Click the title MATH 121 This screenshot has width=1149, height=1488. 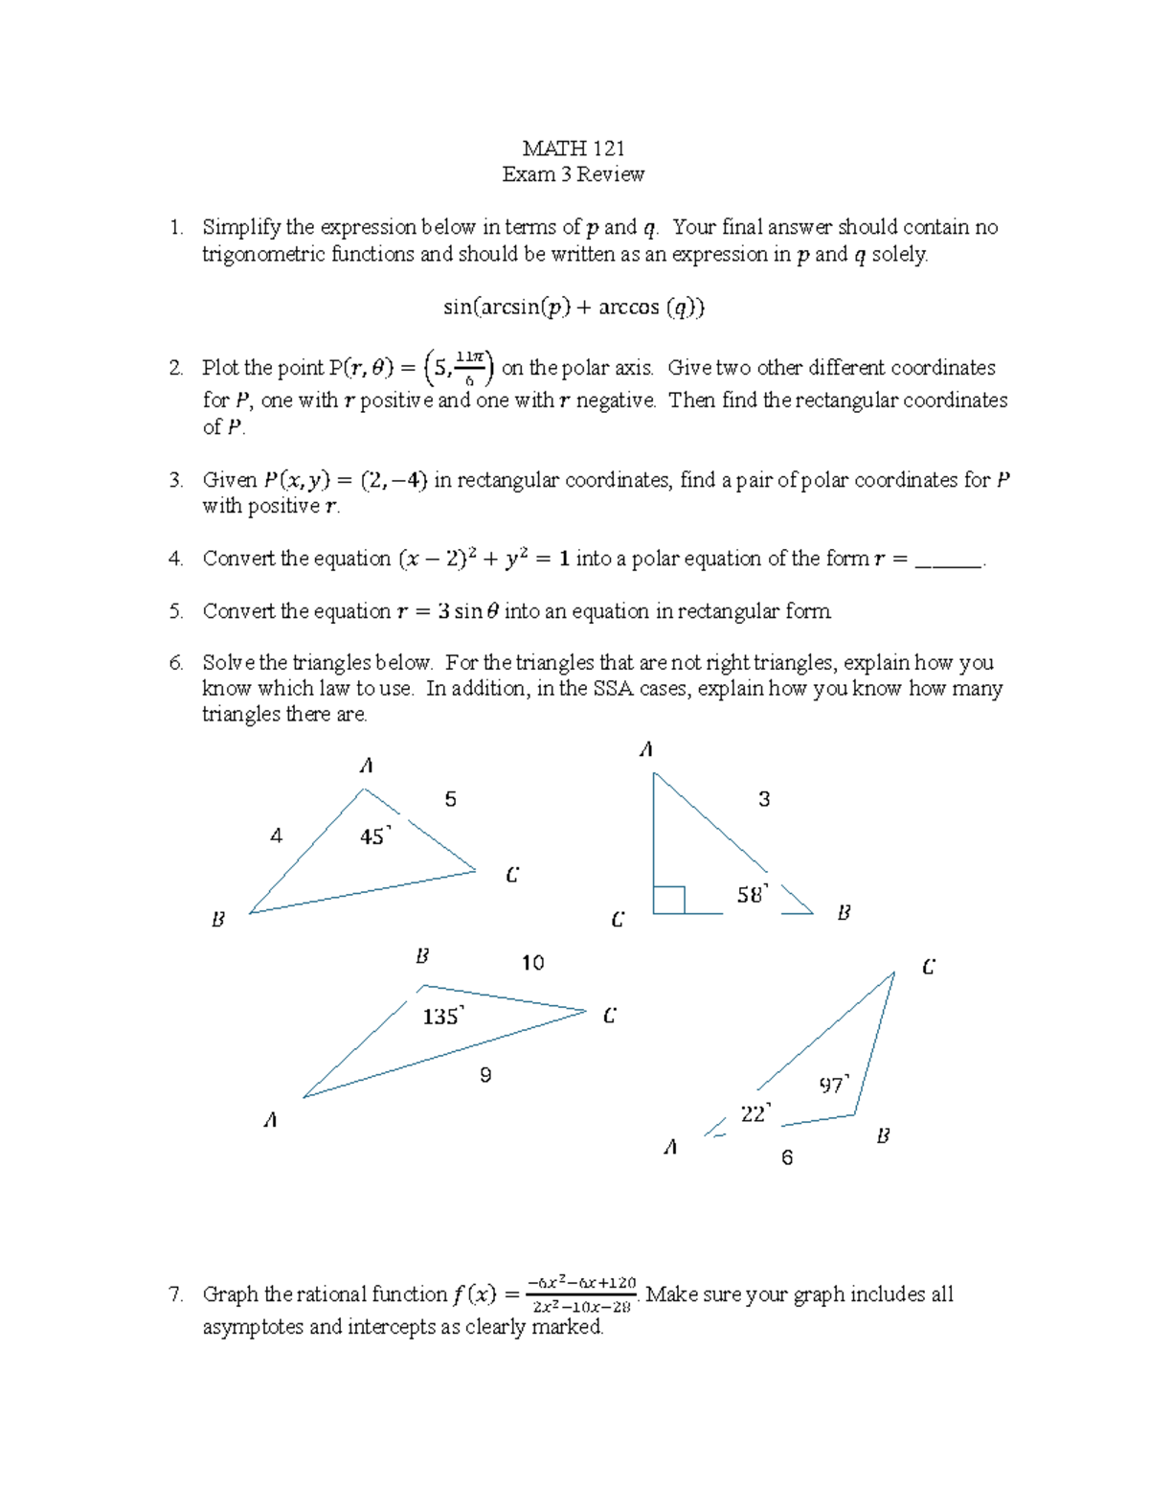(573, 148)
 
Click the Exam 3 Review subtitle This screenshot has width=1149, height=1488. (573, 174)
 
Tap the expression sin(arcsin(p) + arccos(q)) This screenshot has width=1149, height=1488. (574, 307)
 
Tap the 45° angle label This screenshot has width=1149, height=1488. (374, 836)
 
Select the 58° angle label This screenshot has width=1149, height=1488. (752, 895)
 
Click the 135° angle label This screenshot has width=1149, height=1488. (442, 1016)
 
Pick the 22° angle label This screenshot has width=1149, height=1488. (755, 1113)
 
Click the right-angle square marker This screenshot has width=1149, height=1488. (668, 901)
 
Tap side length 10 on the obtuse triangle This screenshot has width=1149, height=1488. (532, 963)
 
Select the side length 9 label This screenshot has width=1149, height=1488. (485, 1075)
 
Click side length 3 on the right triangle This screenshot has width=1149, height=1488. (764, 799)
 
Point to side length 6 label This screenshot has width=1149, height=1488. (787, 1157)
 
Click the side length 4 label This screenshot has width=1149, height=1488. (276, 836)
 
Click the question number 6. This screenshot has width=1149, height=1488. (175, 663)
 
